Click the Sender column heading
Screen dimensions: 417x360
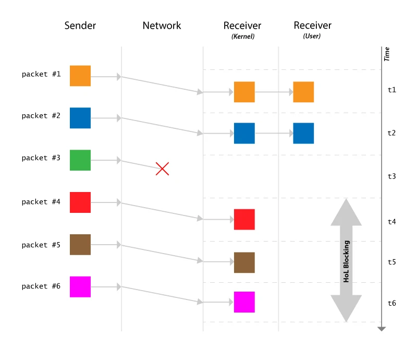point(80,26)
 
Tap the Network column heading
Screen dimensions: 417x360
point(162,26)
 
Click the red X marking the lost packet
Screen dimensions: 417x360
point(162,169)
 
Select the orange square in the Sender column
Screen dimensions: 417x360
point(80,76)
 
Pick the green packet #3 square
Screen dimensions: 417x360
point(80,160)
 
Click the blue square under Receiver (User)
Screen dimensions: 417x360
point(303,134)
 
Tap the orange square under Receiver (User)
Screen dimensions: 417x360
point(303,92)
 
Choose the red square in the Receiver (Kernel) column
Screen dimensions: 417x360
point(244,220)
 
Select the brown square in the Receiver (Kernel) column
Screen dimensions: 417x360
point(244,262)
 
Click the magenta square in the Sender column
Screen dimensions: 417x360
point(80,287)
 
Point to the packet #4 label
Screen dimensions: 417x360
point(41,202)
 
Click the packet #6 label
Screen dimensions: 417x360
point(41,286)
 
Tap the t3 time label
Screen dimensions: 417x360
point(392,176)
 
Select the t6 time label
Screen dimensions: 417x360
point(392,303)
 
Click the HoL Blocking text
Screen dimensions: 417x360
point(346,261)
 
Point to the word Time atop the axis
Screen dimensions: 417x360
point(387,54)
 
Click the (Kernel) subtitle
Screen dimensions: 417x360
point(243,37)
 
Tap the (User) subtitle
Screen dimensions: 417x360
point(312,36)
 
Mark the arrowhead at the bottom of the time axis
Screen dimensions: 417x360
point(382,329)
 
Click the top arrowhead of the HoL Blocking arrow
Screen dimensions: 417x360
point(346,212)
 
